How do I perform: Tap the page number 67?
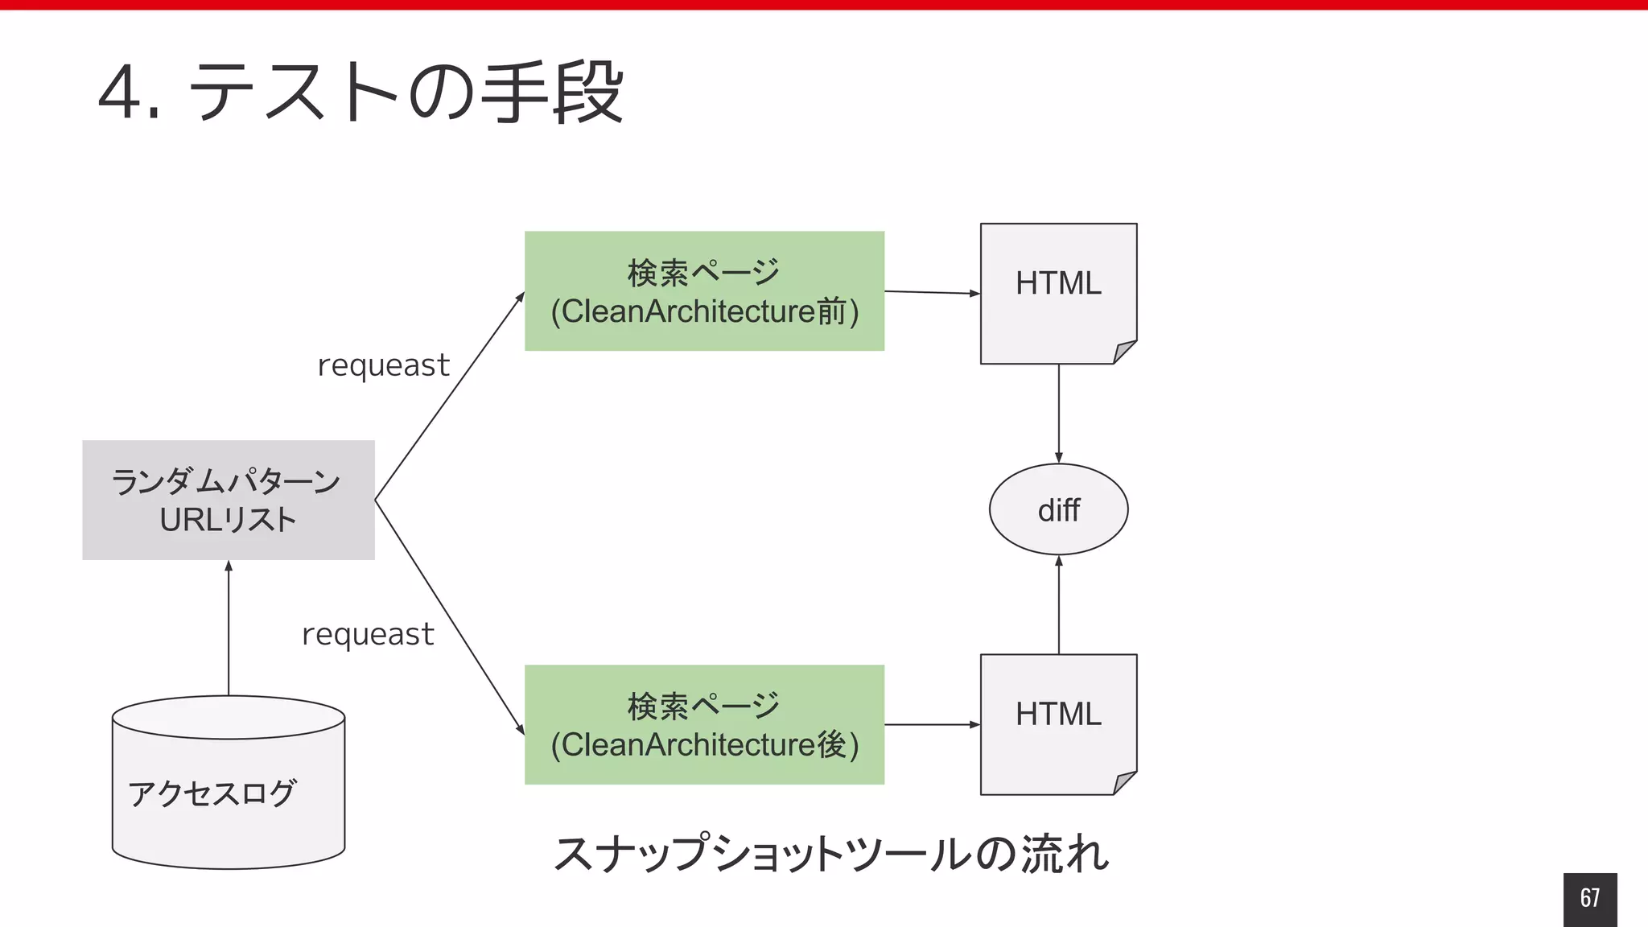coord(1589,898)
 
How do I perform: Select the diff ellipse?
coord(1058,509)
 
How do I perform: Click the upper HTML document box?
coord(1058,293)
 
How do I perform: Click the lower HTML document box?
coord(1058,724)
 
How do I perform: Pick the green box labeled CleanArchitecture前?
coord(704,291)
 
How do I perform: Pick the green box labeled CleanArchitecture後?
coord(704,724)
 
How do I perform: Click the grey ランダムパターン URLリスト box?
coord(229,500)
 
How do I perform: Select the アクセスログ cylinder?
coord(229,793)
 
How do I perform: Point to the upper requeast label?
coord(383,365)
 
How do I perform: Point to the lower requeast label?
coord(368,634)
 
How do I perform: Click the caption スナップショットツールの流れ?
coord(831,853)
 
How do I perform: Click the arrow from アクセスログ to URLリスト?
coord(229,628)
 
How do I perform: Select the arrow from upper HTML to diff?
coord(1058,414)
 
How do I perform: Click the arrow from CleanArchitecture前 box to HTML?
coord(932,292)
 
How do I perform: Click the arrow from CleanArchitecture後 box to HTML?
coord(932,724)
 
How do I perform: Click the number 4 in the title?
coord(121,93)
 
